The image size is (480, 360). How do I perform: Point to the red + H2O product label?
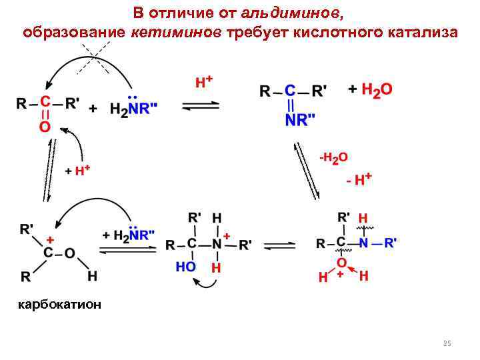point(371,90)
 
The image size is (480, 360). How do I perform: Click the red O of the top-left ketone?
point(45,127)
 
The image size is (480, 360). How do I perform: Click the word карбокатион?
point(60,305)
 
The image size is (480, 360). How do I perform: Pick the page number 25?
point(447,343)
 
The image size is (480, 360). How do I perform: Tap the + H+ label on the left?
point(77,171)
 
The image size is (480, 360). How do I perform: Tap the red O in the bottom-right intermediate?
point(341,262)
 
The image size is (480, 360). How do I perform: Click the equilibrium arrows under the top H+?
point(201,106)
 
